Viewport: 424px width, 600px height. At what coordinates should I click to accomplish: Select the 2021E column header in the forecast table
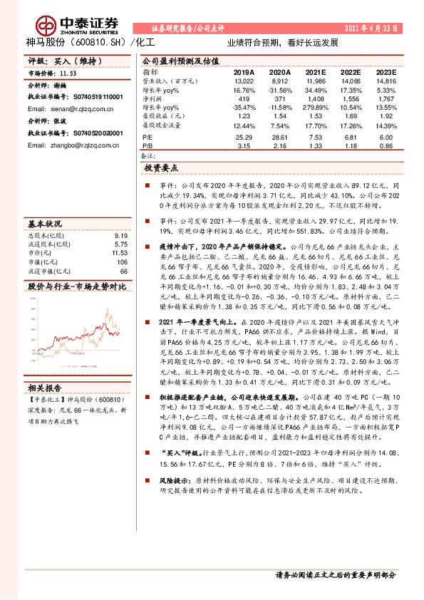[x=315, y=73]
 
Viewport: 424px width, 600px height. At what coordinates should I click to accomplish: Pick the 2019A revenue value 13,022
[x=244, y=81]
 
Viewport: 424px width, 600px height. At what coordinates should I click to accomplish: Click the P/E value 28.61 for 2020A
[x=279, y=136]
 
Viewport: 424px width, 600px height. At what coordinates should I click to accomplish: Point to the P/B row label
[x=148, y=145]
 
